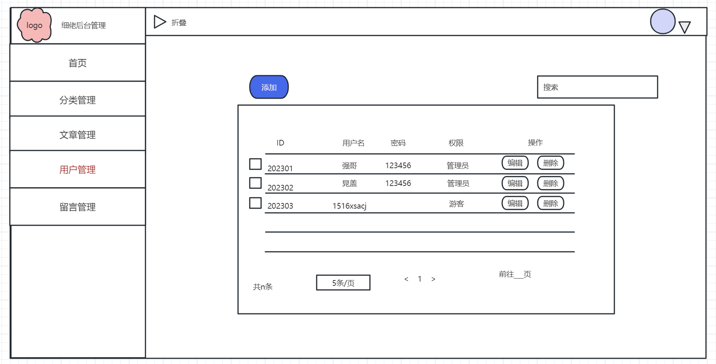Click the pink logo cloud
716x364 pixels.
pos(34,25)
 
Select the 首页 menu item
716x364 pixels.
pos(77,63)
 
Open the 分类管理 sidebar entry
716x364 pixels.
pos(77,100)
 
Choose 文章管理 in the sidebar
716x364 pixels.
pos(77,135)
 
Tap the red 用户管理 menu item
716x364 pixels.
pos(77,169)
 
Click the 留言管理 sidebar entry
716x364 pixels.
pos(77,207)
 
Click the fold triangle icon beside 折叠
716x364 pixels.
pos(159,22)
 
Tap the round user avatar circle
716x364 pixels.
pos(663,22)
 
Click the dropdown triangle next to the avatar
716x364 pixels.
pos(684,27)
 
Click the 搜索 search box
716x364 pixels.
pos(597,87)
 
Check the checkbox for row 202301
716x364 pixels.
pos(255,164)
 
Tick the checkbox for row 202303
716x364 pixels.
pos(255,203)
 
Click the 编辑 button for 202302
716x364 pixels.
pos(515,183)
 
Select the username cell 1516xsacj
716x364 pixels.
pos(349,206)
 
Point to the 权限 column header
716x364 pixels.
pos(456,143)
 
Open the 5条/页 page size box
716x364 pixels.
pos(343,283)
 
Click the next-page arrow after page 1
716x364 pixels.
pos(433,279)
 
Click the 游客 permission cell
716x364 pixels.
pos(456,204)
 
